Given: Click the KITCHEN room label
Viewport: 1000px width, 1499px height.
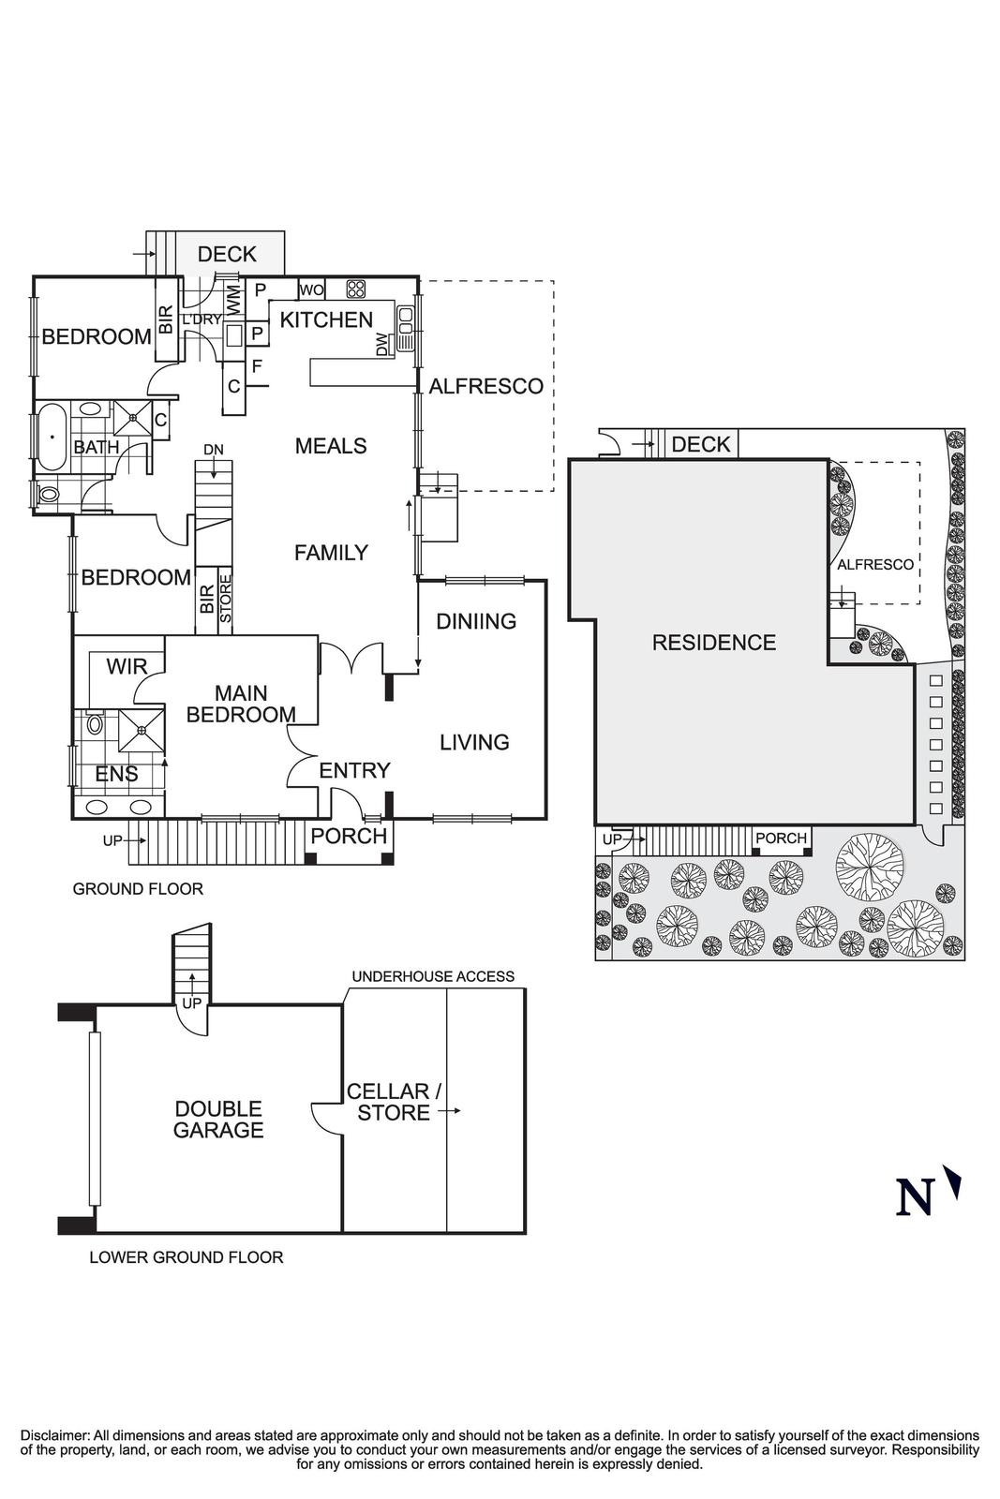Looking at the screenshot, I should tap(326, 320).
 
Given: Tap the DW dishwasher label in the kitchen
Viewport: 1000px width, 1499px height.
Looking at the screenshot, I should tap(381, 345).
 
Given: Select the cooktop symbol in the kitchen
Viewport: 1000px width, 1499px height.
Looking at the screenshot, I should tap(355, 289).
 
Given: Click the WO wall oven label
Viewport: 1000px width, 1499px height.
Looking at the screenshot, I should tap(311, 289).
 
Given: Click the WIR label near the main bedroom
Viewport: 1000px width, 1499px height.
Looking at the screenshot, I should tap(127, 667).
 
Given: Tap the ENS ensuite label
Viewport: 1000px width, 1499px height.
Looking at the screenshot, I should tap(117, 774).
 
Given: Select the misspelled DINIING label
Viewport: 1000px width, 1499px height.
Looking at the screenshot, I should tap(476, 621).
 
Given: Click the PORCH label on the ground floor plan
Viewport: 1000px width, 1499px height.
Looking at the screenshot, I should tap(349, 836).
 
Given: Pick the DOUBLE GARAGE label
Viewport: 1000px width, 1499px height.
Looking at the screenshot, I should tap(218, 1120).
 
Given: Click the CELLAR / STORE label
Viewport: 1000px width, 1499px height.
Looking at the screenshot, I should tap(394, 1102).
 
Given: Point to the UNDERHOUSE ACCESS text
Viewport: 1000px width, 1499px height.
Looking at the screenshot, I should tap(433, 976).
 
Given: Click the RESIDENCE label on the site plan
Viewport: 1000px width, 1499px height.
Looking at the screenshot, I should tap(714, 643).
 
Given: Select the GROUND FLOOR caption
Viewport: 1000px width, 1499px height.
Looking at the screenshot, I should tap(138, 889).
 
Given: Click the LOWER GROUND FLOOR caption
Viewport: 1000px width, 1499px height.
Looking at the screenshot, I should tap(186, 1257).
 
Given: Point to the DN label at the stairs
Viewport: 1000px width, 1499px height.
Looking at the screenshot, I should tap(214, 450).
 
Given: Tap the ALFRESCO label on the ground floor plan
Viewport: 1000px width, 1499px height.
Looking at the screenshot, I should tap(485, 386).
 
